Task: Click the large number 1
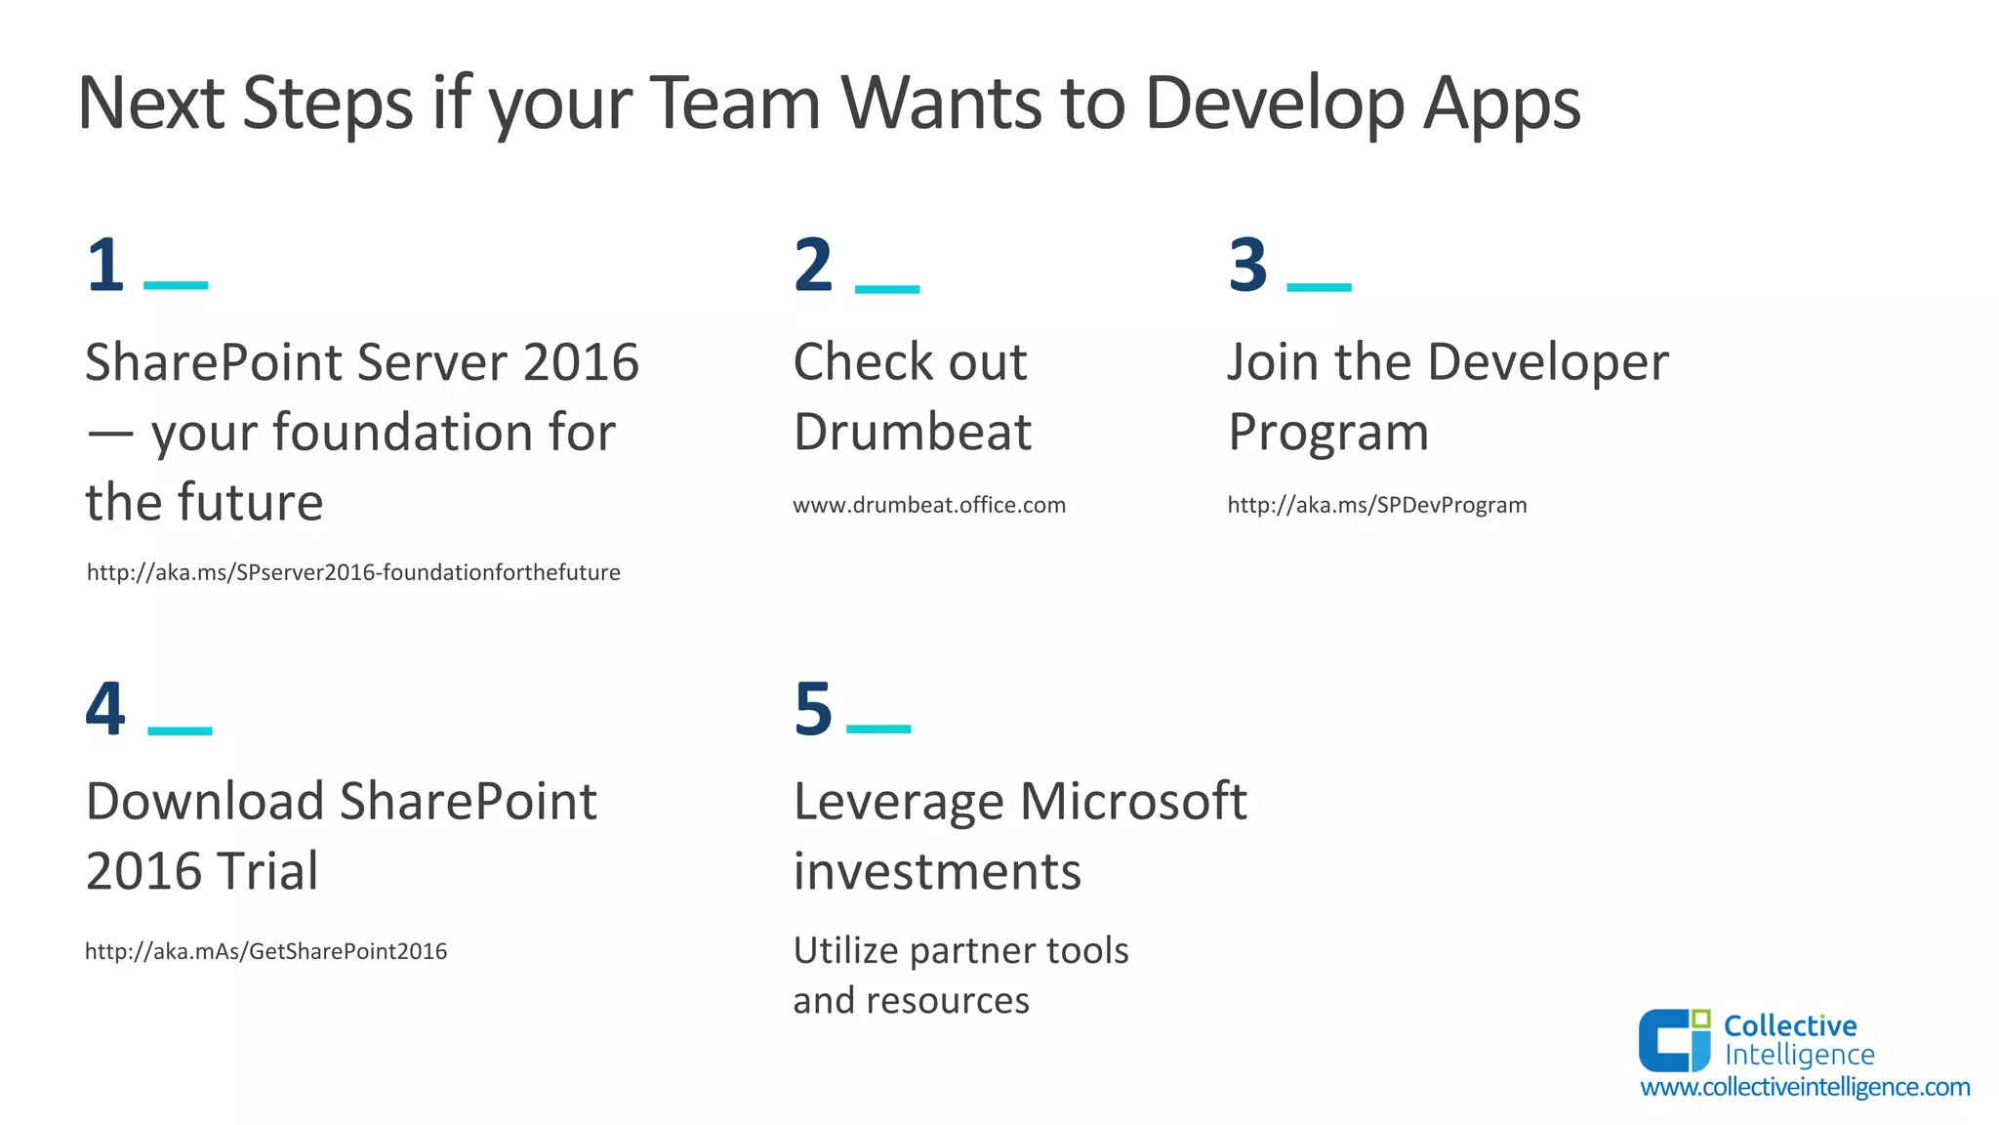click(x=105, y=265)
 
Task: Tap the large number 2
click(x=813, y=265)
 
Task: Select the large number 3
click(x=1247, y=265)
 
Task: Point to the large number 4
click(x=105, y=708)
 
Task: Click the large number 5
click(x=813, y=708)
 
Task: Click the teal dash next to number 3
click(x=1319, y=287)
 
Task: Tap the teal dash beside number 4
click(x=180, y=730)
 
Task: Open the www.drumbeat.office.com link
click(x=928, y=505)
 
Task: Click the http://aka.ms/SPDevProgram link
click(x=1376, y=505)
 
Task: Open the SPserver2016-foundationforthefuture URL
click(x=353, y=572)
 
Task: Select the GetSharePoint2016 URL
click(x=265, y=951)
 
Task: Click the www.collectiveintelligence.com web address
click(x=1805, y=1087)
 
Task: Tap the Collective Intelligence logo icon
click(x=1674, y=1040)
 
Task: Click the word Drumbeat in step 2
click(x=912, y=432)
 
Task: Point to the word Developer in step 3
click(x=1547, y=362)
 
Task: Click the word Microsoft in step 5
click(x=1133, y=802)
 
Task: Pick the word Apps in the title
click(x=1501, y=104)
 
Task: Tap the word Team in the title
click(x=736, y=104)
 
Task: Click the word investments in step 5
click(x=937, y=871)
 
